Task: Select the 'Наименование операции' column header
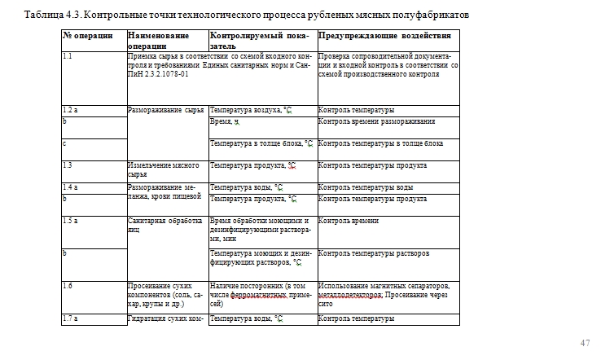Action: [x=158, y=41]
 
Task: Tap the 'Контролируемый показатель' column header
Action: [x=257, y=41]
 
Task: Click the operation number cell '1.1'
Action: [x=68, y=56]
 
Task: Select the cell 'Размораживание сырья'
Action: [x=166, y=110]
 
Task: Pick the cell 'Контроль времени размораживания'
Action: [x=376, y=121]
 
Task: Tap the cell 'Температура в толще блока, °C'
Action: [x=261, y=143]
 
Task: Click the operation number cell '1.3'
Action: [x=68, y=165]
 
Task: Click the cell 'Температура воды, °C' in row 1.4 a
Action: [x=247, y=187]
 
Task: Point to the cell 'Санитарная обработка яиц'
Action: [x=165, y=225]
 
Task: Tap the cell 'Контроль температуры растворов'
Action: [x=374, y=253]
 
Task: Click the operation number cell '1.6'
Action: [x=68, y=286]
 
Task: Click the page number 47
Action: [x=585, y=342]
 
